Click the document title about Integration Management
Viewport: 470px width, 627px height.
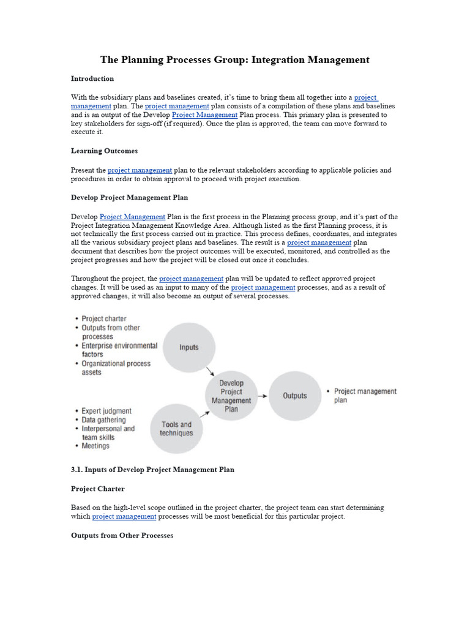235,60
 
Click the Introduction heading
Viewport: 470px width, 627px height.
92,79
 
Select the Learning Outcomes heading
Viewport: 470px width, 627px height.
104,151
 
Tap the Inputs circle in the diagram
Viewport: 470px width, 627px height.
188,347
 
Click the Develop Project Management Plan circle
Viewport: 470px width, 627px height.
231,396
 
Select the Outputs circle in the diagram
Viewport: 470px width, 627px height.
294,396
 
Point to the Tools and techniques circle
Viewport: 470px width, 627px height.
176,429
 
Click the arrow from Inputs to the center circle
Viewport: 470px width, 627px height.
210,372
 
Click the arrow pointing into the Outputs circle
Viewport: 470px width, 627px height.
262,396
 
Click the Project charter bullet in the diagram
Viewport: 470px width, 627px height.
104,319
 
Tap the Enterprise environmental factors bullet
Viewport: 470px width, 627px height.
119,350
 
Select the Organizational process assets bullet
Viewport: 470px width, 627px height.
116,367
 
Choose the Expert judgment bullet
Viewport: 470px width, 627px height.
106,411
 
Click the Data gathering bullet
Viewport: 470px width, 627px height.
103,420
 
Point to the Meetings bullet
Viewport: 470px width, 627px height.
95,446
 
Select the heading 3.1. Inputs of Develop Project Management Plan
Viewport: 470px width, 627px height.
152,470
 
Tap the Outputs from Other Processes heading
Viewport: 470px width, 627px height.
122,536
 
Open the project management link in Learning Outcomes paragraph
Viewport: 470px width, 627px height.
140,170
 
